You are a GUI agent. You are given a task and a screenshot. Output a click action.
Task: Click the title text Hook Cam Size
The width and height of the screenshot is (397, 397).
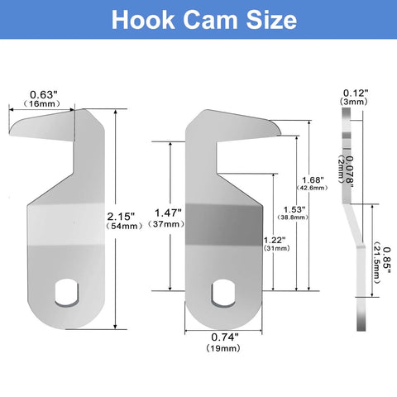click(198, 19)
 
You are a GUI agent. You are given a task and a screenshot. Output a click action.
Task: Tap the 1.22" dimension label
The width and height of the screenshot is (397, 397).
click(275, 240)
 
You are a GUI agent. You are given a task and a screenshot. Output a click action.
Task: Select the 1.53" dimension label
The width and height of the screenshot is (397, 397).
click(294, 209)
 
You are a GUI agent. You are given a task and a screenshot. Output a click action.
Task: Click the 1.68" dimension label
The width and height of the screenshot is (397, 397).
click(311, 179)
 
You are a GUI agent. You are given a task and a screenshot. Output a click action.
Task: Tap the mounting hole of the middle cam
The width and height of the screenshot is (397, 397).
click(224, 291)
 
